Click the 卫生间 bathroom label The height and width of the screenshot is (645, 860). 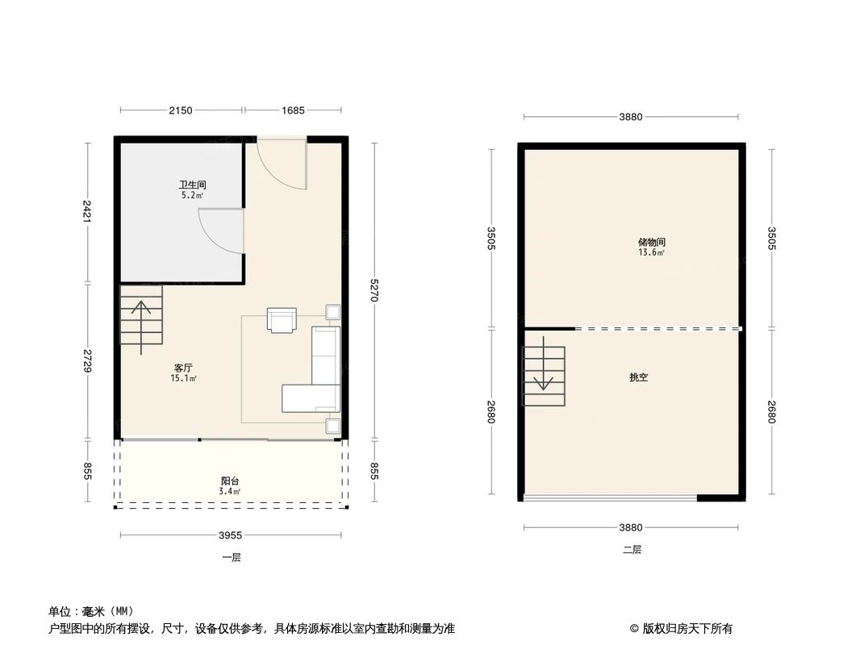186,185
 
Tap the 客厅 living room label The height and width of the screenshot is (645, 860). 183,368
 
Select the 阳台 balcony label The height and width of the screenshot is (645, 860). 229,481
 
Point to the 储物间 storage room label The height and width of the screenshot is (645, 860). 651,242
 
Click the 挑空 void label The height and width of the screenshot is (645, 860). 638,377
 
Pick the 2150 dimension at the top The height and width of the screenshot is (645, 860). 181,110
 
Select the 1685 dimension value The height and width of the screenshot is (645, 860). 292,110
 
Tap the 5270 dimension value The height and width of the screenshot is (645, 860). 374,290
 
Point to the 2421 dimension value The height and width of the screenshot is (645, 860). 87,211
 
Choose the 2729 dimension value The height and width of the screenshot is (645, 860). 87,360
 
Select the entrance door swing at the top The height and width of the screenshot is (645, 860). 282,164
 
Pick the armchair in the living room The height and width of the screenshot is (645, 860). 282,320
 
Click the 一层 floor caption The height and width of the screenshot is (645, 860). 232,557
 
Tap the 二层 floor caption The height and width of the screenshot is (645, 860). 632,550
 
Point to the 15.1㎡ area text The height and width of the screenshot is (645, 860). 184,378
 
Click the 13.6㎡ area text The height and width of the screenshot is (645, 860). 651,253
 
